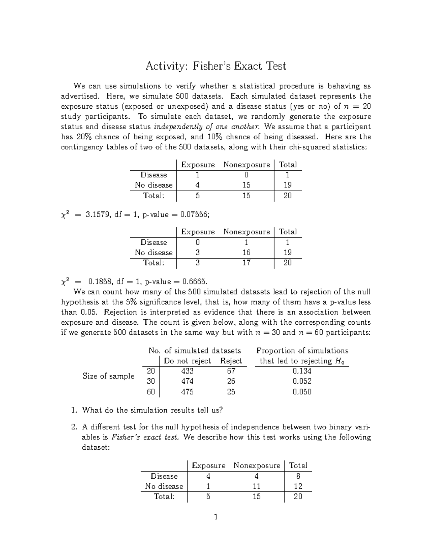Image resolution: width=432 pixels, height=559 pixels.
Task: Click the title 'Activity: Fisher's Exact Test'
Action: click(x=216, y=66)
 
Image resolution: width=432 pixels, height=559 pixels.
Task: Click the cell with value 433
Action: click(x=187, y=371)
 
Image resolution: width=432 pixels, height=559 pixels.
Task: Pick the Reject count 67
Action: click(x=231, y=371)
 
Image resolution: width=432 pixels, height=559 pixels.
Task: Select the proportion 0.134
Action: click(x=302, y=371)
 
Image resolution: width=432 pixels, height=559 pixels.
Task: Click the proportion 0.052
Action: click(x=302, y=381)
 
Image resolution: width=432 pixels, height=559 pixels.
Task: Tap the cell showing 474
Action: click(x=187, y=381)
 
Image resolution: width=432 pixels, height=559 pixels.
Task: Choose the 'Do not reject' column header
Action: click(x=187, y=361)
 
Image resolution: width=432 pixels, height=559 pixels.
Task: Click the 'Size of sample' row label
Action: click(x=108, y=376)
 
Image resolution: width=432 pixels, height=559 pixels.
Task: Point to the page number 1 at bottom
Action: click(x=216, y=517)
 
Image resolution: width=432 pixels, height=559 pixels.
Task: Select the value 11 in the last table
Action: click(x=256, y=486)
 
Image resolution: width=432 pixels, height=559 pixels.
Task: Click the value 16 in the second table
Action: click(x=246, y=253)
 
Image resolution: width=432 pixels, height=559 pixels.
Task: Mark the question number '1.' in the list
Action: click(x=74, y=410)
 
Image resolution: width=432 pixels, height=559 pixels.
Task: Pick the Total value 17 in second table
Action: click(x=246, y=263)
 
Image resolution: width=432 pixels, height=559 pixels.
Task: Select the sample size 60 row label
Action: click(x=151, y=392)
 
